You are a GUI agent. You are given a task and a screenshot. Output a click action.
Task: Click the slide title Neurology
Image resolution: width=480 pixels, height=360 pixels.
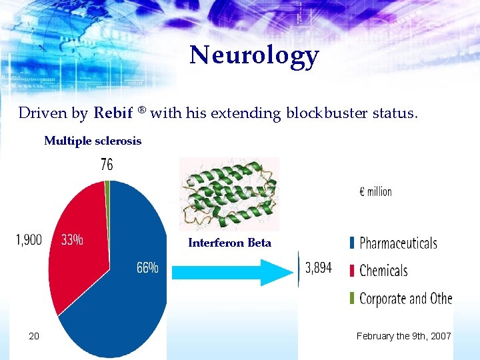click(x=254, y=56)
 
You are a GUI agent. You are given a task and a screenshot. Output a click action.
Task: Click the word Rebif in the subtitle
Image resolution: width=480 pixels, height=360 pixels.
click(x=114, y=113)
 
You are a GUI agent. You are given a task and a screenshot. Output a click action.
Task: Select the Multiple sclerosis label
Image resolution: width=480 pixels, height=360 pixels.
click(x=93, y=141)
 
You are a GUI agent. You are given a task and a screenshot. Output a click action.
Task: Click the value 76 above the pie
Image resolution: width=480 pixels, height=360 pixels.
click(x=107, y=165)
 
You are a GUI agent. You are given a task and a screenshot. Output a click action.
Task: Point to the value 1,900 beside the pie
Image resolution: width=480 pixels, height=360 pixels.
click(x=29, y=240)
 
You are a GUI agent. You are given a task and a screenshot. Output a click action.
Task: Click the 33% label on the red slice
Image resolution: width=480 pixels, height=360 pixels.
click(x=72, y=240)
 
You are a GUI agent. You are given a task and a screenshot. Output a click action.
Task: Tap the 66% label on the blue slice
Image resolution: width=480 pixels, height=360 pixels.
click(x=147, y=268)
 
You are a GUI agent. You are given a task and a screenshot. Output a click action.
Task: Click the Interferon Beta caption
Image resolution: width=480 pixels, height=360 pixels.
click(x=229, y=243)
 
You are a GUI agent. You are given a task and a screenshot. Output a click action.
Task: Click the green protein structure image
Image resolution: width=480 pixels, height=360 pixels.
click(x=229, y=194)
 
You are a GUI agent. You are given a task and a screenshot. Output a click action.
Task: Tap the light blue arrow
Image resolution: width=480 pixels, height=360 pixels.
click(x=233, y=272)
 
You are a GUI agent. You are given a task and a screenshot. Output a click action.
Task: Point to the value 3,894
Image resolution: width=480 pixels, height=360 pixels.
click(x=319, y=269)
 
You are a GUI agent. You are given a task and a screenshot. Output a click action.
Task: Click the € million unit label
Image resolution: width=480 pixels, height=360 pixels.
click(x=376, y=191)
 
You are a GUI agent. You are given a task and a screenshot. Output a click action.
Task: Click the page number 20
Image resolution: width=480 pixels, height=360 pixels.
click(x=34, y=336)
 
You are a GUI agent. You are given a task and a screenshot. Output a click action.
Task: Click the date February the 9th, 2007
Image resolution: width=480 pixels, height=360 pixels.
click(x=403, y=336)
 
